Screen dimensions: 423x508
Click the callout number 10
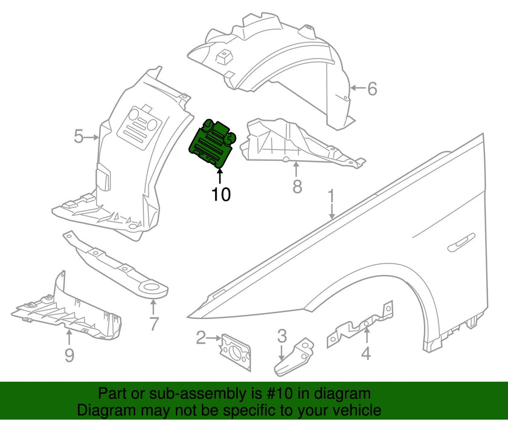[x=221, y=195]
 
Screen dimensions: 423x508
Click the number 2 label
[x=201, y=338]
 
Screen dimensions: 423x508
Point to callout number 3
[x=282, y=336]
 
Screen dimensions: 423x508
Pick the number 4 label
[x=365, y=353]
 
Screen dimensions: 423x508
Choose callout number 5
[x=79, y=137]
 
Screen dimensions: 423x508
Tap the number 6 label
[x=371, y=89]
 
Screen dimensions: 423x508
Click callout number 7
[x=153, y=324]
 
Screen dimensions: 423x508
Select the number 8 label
[x=297, y=187]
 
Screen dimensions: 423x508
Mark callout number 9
[x=69, y=356]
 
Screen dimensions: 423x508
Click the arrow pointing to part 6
[x=356, y=89]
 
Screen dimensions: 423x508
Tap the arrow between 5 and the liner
[x=93, y=138]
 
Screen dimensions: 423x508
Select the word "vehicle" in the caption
[x=355, y=410]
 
